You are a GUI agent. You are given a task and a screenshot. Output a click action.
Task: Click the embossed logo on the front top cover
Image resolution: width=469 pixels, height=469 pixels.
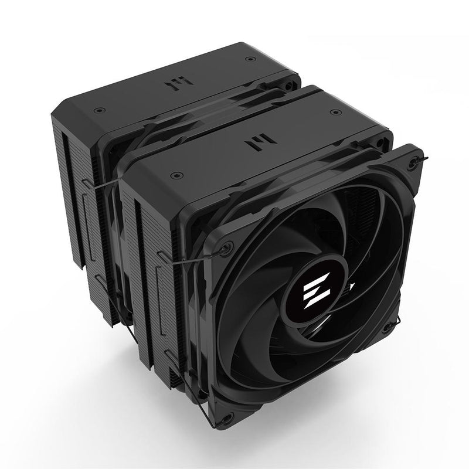248,143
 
